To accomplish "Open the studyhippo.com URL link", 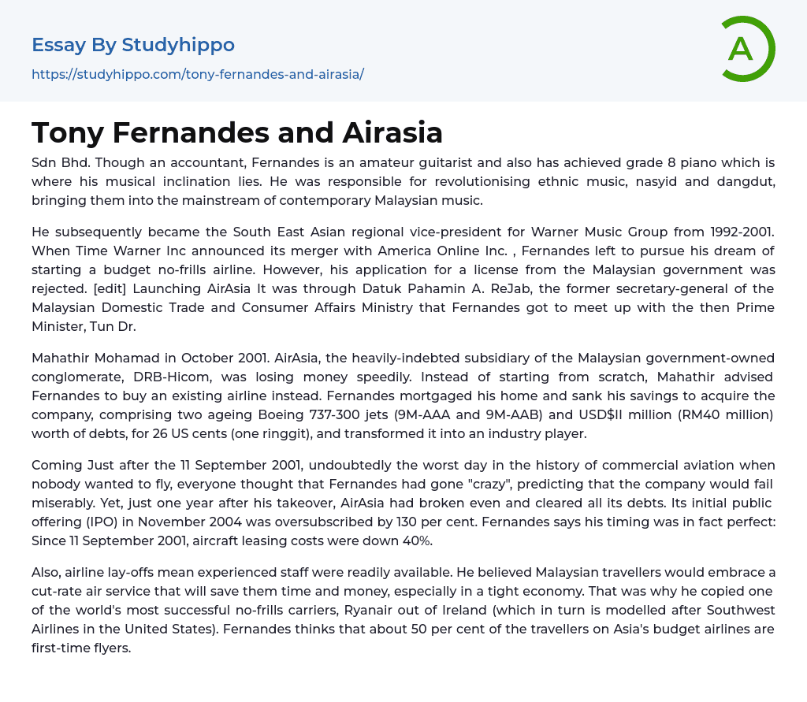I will pos(198,74).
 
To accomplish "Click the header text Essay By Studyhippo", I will pos(133,45).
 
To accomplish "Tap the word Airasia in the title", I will pos(392,132).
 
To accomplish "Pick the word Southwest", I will pos(736,611).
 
